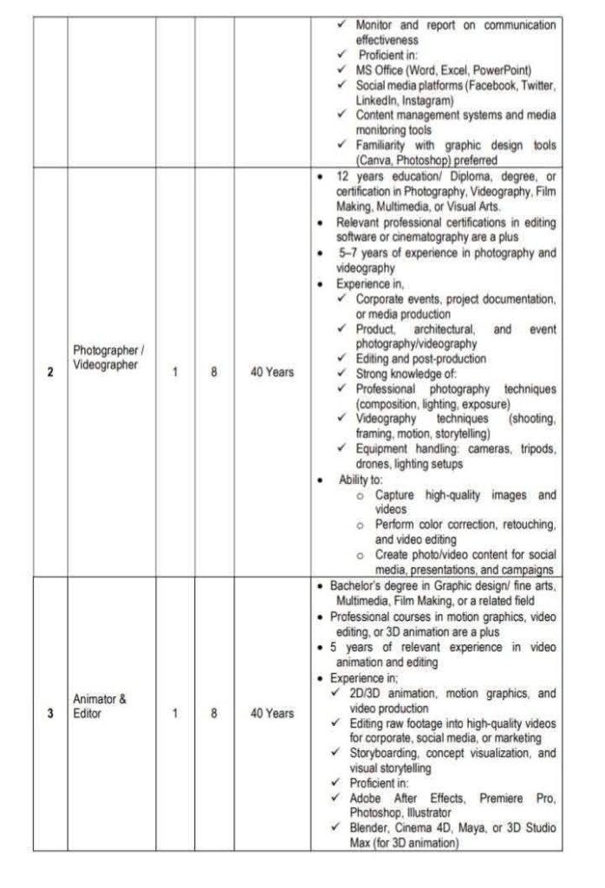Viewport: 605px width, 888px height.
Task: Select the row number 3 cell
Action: click(49, 714)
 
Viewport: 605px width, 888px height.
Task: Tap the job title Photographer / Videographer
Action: click(109, 357)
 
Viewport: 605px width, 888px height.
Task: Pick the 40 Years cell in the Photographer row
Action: click(271, 372)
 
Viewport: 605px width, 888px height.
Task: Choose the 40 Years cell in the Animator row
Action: click(271, 714)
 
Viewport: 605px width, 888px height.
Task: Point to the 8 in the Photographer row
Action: click(213, 372)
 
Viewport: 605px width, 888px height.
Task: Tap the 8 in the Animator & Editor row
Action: click(213, 714)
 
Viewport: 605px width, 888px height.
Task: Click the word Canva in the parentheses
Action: click(375, 160)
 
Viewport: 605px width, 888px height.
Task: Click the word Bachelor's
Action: click(359, 586)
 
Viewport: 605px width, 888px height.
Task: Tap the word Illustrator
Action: click(430, 813)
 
